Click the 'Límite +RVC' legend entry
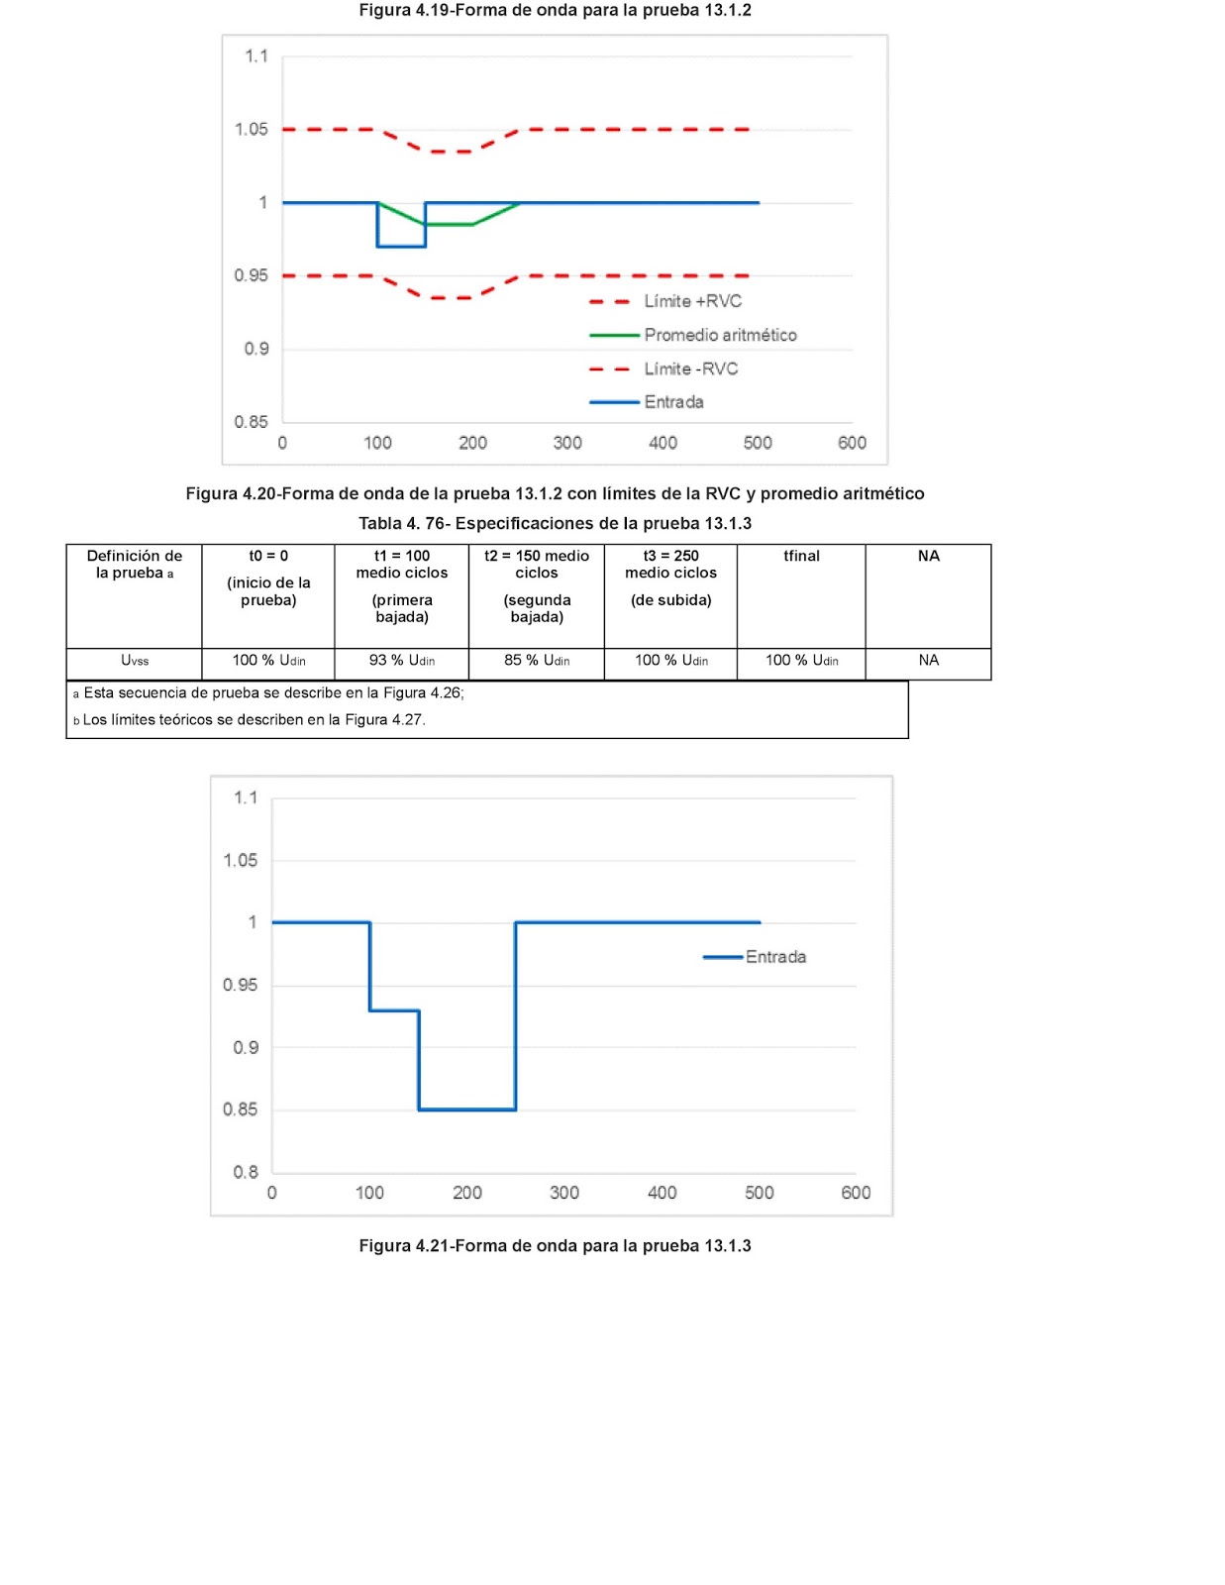665,301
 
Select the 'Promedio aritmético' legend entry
692,335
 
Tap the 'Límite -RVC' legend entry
664,369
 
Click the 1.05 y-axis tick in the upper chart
251,129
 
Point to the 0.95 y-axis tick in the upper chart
251,275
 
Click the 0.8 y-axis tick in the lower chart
246,1172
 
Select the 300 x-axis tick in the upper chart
567,443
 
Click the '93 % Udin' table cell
402,660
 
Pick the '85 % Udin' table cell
537,660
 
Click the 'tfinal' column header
801,556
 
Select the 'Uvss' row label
135,660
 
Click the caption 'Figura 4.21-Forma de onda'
555,1245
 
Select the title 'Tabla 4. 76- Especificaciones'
555,523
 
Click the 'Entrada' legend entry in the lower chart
755,956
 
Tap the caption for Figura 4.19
555,10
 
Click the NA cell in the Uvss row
928,660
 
